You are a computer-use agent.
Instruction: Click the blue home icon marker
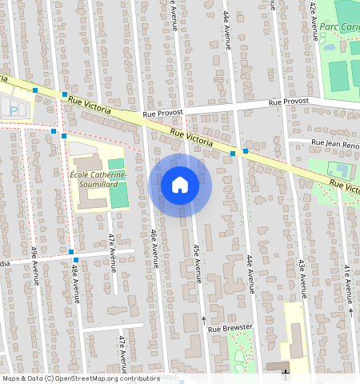pos(180,185)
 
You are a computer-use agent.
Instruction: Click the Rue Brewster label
pos(230,328)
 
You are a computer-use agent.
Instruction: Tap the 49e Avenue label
pos(35,265)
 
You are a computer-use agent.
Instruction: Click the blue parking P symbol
pos(12,108)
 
